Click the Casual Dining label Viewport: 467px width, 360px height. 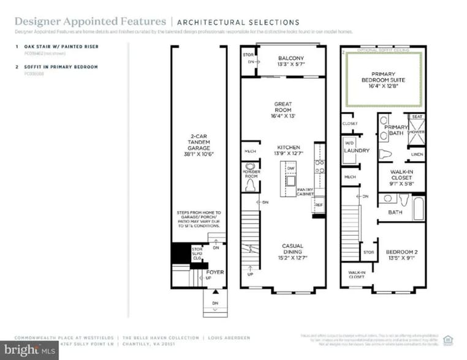click(x=292, y=249)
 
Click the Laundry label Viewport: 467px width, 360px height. click(x=354, y=150)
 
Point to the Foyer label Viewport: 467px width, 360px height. click(x=215, y=272)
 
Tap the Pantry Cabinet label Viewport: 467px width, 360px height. click(x=306, y=192)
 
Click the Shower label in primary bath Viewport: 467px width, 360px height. click(x=417, y=132)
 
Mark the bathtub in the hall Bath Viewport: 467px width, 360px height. click(x=418, y=208)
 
